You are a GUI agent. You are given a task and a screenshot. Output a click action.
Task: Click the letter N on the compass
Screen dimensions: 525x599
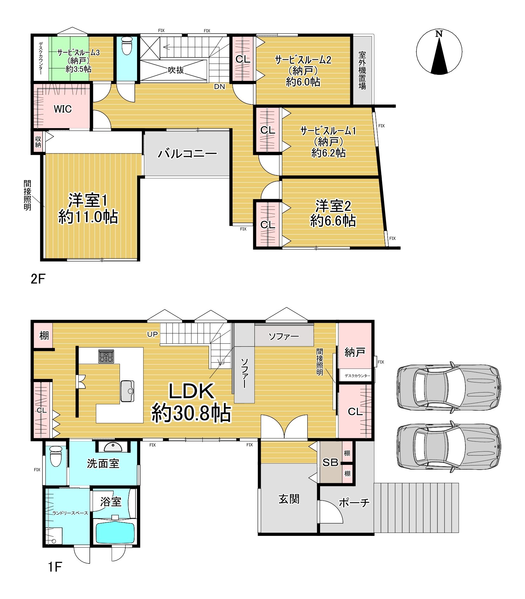[439, 34]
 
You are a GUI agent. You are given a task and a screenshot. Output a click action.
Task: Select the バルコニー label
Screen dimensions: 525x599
[187, 154]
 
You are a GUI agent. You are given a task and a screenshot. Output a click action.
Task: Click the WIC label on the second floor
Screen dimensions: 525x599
[62, 109]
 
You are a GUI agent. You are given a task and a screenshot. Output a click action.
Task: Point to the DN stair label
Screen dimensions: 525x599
[220, 87]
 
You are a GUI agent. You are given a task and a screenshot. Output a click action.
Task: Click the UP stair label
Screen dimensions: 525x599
[152, 334]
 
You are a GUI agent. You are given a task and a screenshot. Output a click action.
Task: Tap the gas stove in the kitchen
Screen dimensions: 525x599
[106, 356]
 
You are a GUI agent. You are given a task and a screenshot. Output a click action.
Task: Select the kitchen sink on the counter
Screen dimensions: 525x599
[127, 391]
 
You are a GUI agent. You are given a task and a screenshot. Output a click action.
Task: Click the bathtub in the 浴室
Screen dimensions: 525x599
[115, 532]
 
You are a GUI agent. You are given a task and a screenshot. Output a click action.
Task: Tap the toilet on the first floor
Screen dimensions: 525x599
[56, 456]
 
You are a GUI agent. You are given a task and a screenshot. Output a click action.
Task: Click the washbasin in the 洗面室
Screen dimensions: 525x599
[113, 447]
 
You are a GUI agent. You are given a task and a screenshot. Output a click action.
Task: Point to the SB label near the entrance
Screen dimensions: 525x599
[330, 463]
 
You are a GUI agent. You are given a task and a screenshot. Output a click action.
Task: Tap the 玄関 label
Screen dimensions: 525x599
[289, 499]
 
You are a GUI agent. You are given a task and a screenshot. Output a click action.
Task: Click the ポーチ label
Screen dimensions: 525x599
[354, 503]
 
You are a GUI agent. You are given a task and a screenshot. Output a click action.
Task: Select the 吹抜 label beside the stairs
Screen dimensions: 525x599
[176, 70]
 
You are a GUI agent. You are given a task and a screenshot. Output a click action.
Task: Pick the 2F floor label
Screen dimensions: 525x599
[38, 279]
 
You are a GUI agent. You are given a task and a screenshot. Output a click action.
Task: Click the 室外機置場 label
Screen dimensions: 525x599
[362, 70]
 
